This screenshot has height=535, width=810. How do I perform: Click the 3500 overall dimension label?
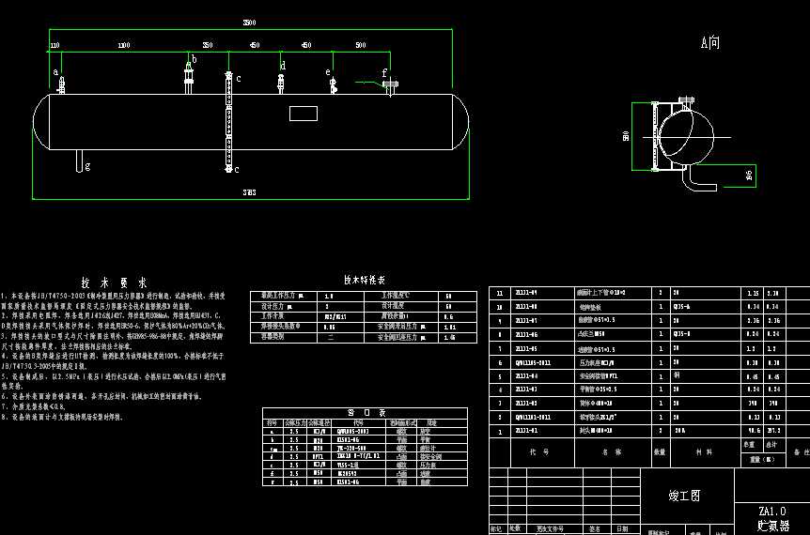tap(248, 22)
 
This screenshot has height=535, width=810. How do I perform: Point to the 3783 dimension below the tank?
tap(249, 192)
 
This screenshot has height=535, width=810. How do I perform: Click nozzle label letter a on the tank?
tap(55, 71)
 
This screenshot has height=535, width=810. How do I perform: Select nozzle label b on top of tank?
tap(195, 59)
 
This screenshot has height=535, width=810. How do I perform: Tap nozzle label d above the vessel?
tap(283, 65)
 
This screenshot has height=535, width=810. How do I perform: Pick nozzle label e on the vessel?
tap(328, 71)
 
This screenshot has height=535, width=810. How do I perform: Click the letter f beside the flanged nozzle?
tap(383, 72)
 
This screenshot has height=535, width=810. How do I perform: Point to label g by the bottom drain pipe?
tap(87, 167)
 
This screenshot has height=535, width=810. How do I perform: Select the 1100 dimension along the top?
tap(124, 45)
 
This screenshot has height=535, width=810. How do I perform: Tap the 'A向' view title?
tap(710, 42)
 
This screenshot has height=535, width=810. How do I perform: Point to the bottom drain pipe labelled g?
tap(78, 160)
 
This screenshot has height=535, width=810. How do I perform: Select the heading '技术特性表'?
tap(364, 280)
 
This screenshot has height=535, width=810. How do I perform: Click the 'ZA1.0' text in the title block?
tap(771, 512)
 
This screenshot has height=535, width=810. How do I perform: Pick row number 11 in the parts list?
tap(500, 293)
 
